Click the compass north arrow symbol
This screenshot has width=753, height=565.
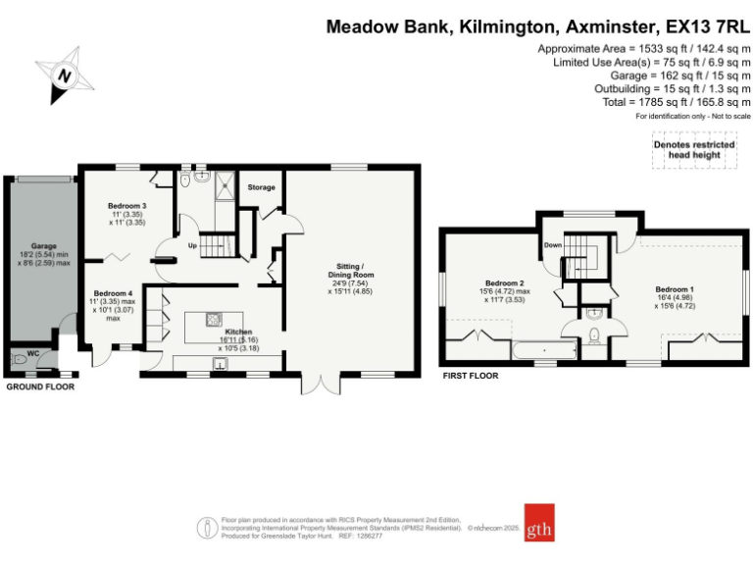(65, 75)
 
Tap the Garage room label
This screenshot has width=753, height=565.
(43, 245)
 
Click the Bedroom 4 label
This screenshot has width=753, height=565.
(113, 293)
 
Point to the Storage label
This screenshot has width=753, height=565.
(261, 187)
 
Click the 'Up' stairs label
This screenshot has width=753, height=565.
(193, 245)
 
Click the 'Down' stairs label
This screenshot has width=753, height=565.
(553, 245)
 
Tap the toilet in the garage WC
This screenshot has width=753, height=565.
(20, 360)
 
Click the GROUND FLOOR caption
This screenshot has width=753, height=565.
(40, 386)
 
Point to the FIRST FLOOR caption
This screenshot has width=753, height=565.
(470, 376)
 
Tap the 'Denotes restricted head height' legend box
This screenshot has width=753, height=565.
(694, 150)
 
